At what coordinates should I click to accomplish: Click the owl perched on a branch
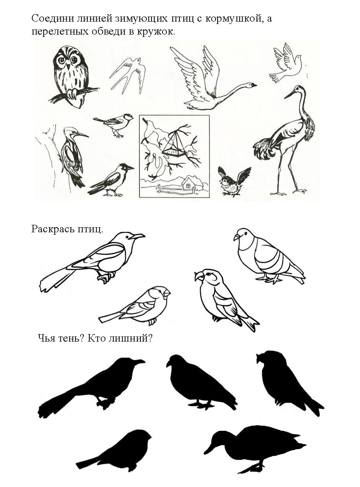pyautogui.click(x=72, y=77)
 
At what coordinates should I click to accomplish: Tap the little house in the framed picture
pyautogui.click(x=190, y=183)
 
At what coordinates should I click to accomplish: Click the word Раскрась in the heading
pyautogui.click(x=52, y=230)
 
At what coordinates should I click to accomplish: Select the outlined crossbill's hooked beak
pyautogui.click(x=199, y=276)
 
